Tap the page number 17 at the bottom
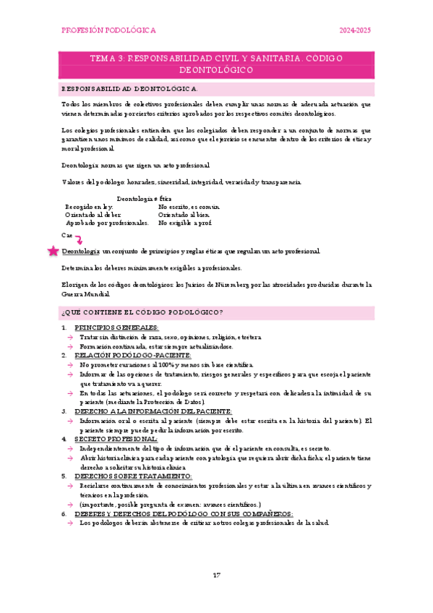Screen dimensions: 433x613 (216, 575)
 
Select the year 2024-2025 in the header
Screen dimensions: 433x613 (356, 30)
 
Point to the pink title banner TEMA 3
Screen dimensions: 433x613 (216, 64)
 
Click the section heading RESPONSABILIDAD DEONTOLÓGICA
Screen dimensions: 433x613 (129, 88)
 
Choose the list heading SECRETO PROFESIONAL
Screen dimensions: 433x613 (115, 439)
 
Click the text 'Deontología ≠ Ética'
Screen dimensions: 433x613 (144, 197)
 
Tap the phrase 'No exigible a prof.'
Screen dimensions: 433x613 (185, 223)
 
